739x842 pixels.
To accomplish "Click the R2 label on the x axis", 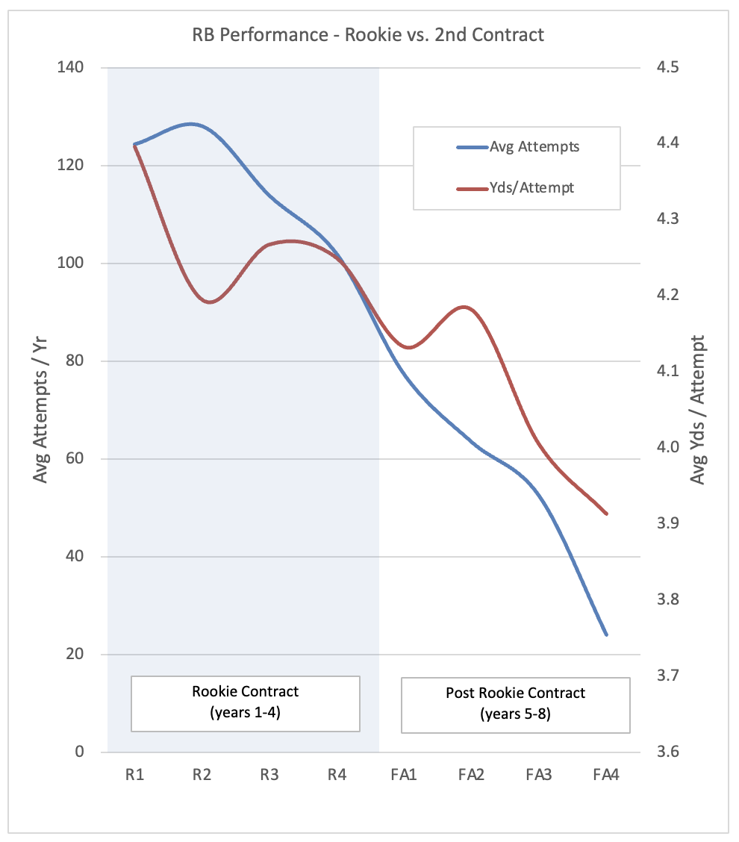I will tap(202, 775).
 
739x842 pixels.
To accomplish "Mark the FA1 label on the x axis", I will tap(403, 775).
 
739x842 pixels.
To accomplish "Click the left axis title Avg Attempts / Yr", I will tap(43, 409).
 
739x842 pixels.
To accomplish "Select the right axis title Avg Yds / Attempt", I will tap(698, 409).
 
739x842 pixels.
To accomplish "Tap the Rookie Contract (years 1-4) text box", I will tap(246, 702).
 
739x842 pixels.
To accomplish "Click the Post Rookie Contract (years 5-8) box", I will tap(515, 704).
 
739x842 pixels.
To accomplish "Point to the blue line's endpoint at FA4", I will tap(606, 634).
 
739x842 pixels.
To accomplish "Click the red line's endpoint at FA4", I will tap(606, 514).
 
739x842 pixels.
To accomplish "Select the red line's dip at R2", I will tap(209, 302).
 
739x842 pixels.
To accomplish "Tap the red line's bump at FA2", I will tap(465, 307).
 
